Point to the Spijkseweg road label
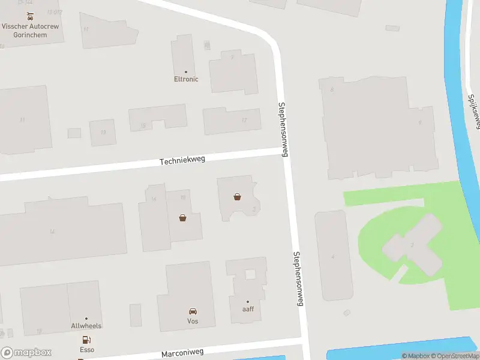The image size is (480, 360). [473, 111]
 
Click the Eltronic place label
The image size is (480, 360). [186, 79]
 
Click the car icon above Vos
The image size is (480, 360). [193, 311]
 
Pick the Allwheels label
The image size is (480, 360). [86, 326]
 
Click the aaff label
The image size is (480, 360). [248, 309]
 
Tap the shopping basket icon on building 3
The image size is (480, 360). [238, 196]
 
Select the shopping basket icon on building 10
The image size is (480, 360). [182, 218]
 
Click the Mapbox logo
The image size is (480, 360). [26, 353]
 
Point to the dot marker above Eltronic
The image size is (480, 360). [186, 72]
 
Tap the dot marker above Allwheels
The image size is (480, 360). [86, 319]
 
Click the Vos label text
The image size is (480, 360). [193, 321]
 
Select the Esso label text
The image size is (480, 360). [87, 349]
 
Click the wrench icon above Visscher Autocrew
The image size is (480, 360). [29, 16]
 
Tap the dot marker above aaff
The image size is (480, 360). [248, 301]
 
